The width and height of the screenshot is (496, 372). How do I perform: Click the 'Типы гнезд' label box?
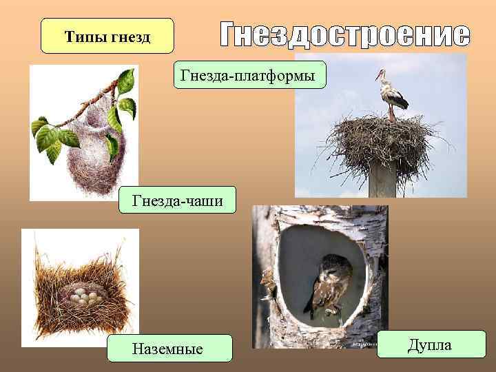point(107,36)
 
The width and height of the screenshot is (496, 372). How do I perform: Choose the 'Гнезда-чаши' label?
point(176,200)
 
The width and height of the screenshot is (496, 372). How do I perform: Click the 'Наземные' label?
point(169,349)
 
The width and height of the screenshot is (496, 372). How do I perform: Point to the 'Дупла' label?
point(431,344)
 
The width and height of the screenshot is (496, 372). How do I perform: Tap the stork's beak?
point(378,74)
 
